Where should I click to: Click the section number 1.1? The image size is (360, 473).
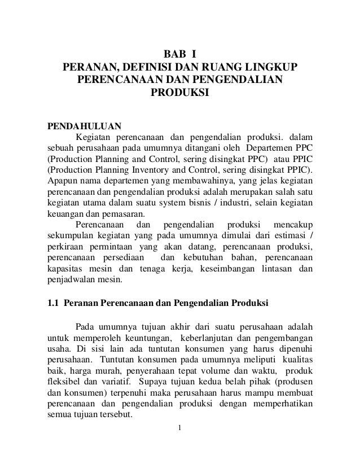(52, 305)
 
